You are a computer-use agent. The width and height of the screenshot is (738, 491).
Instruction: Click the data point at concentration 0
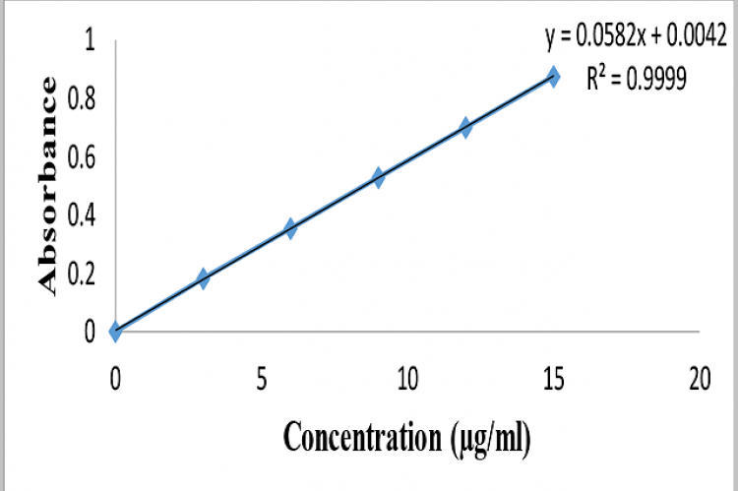point(116,332)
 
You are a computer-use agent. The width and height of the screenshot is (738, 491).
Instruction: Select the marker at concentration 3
point(204,278)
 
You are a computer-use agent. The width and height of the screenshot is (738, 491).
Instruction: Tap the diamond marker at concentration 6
point(290,228)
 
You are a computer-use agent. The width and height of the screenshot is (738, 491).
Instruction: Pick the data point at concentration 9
point(378,177)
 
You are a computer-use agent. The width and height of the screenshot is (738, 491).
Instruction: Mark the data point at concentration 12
point(465,127)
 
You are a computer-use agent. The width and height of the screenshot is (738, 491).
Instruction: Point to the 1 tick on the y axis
point(91,42)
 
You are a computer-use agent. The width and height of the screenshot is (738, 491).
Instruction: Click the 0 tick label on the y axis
point(90,332)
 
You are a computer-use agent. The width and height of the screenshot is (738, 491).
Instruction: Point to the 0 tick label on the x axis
point(116,378)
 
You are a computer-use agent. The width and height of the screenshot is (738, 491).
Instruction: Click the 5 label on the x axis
point(262,378)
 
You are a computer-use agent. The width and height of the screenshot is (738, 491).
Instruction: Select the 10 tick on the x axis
point(407,378)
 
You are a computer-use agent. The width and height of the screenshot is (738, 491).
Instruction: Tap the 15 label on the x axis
point(553,378)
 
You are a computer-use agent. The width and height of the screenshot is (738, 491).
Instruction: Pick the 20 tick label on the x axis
point(699,378)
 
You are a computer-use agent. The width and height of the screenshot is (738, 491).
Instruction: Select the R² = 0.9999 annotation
point(634,81)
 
